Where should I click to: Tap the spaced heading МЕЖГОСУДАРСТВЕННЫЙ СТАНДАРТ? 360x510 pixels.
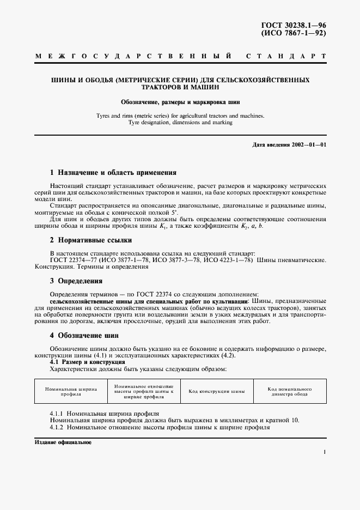(x=180, y=56)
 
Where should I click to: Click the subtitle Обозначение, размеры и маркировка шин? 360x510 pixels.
(x=180, y=102)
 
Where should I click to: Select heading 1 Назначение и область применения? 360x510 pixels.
(x=113, y=172)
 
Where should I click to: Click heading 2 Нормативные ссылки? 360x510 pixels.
(x=90, y=240)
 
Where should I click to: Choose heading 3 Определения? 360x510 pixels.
(x=76, y=281)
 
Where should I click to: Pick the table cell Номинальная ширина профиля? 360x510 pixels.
(x=71, y=391)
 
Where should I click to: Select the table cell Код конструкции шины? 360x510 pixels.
(x=216, y=391)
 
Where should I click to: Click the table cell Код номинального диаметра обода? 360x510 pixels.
(x=289, y=391)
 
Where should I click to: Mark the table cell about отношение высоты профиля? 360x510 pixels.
(x=143, y=391)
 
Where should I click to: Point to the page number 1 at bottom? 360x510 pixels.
(x=324, y=452)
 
